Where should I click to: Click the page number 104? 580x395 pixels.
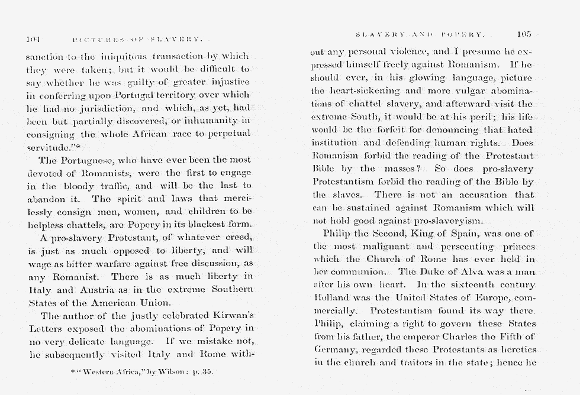(33, 40)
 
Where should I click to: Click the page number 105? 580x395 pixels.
(524, 34)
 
